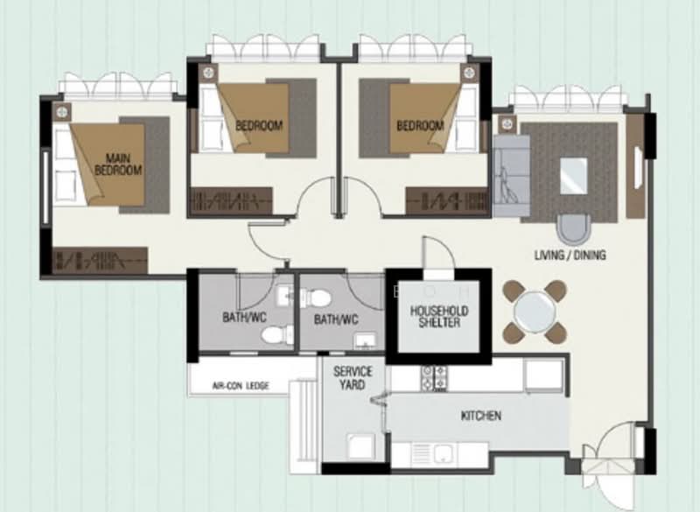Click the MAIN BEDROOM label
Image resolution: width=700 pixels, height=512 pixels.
tap(118, 165)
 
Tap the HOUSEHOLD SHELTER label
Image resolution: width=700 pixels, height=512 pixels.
tap(439, 317)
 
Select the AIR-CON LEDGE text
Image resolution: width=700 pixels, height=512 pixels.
tap(241, 386)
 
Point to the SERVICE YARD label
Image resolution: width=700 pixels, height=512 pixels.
tap(353, 377)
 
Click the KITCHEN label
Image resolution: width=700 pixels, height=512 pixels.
tap(480, 416)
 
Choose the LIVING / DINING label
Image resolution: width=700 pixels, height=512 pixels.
tap(570, 255)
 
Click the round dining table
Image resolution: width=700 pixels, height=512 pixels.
tap(535, 312)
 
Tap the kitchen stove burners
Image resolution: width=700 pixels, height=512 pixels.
tap(434, 378)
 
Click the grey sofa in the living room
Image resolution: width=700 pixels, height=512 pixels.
tap(512, 176)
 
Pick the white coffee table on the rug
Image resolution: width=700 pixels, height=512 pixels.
tap(574, 176)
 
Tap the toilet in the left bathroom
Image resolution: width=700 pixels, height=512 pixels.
tap(276, 335)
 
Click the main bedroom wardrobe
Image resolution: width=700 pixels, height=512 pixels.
tap(100, 260)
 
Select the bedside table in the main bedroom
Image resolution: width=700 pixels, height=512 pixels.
tap(62, 112)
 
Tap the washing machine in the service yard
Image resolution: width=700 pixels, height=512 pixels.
tap(360, 446)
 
